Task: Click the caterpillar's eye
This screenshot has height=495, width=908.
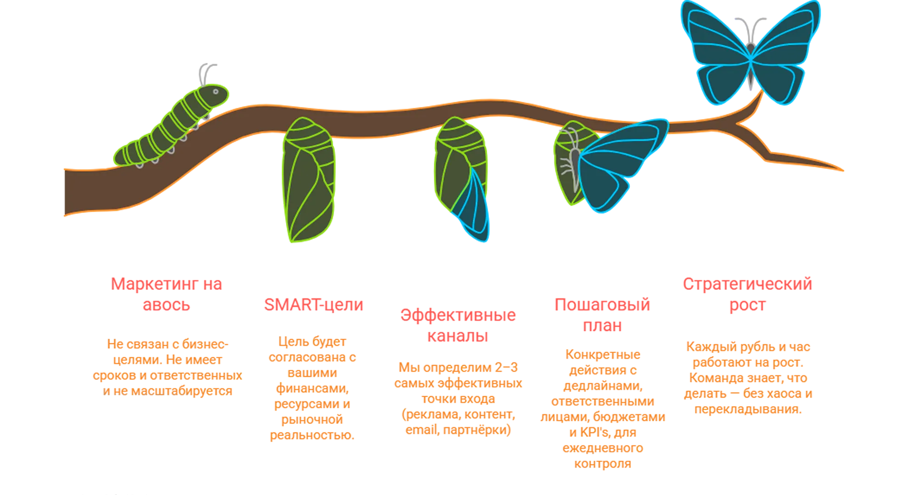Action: pos(216,92)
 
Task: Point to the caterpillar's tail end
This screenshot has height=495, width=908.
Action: pos(120,156)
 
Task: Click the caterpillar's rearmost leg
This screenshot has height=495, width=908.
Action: pos(139,164)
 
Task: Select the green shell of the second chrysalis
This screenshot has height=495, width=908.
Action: pos(454,160)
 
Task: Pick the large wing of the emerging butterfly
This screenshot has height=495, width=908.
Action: pos(619,163)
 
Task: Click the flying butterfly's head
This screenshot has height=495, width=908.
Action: pos(750,48)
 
